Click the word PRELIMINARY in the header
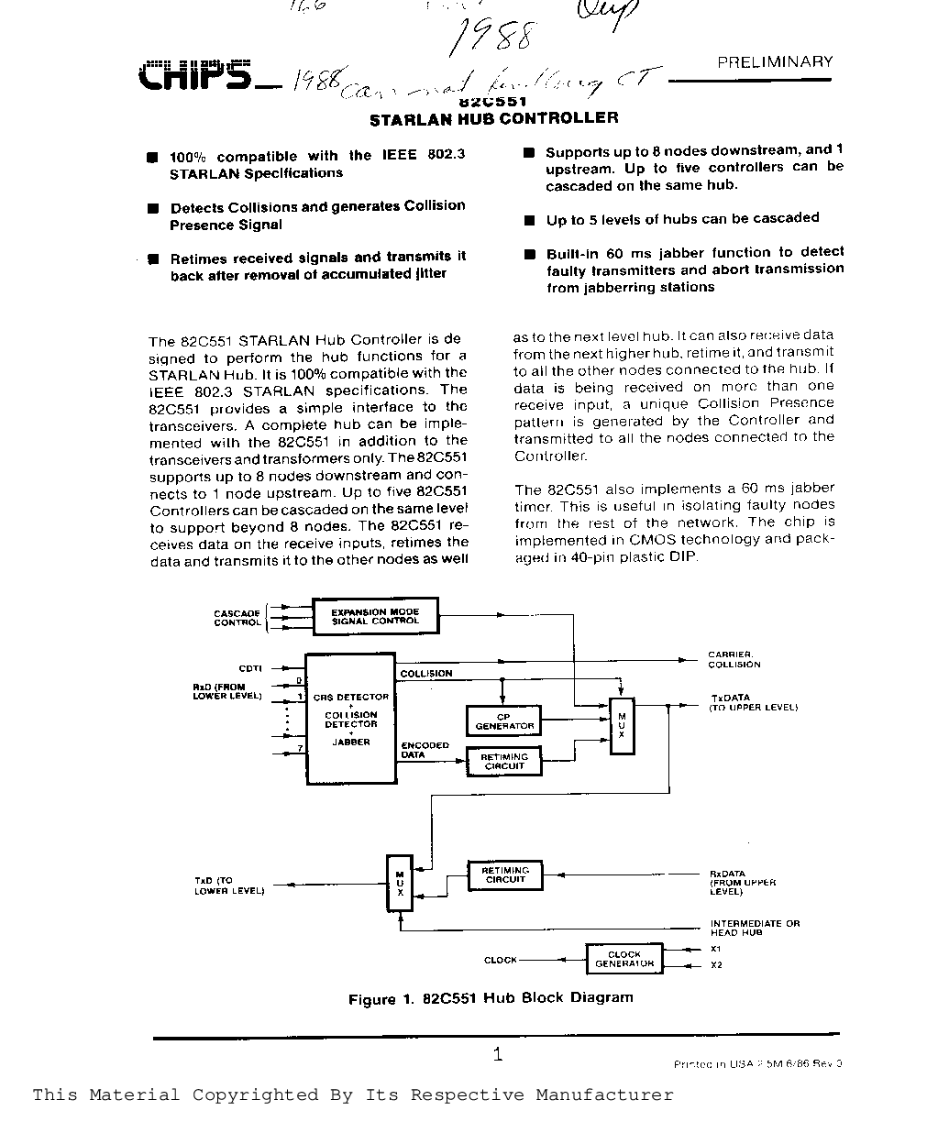point(775,62)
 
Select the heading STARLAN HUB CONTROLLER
point(493,118)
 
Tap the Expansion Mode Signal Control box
point(375,616)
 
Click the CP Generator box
point(503,721)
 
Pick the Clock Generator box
point(623,959)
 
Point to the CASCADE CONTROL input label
point(237,618)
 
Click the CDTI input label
point(249,669)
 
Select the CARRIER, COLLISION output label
point(734,660)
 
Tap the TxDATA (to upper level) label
point(753,702)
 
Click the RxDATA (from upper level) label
point(743,883)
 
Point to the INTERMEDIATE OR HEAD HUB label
point(754,928)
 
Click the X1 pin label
point(716,949)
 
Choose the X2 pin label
point(716,964)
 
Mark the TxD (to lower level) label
point(228,885)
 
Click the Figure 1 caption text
point(491,998)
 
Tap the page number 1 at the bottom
point(497,1054)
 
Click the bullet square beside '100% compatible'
point(153,158)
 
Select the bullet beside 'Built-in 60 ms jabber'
point(529,254)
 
